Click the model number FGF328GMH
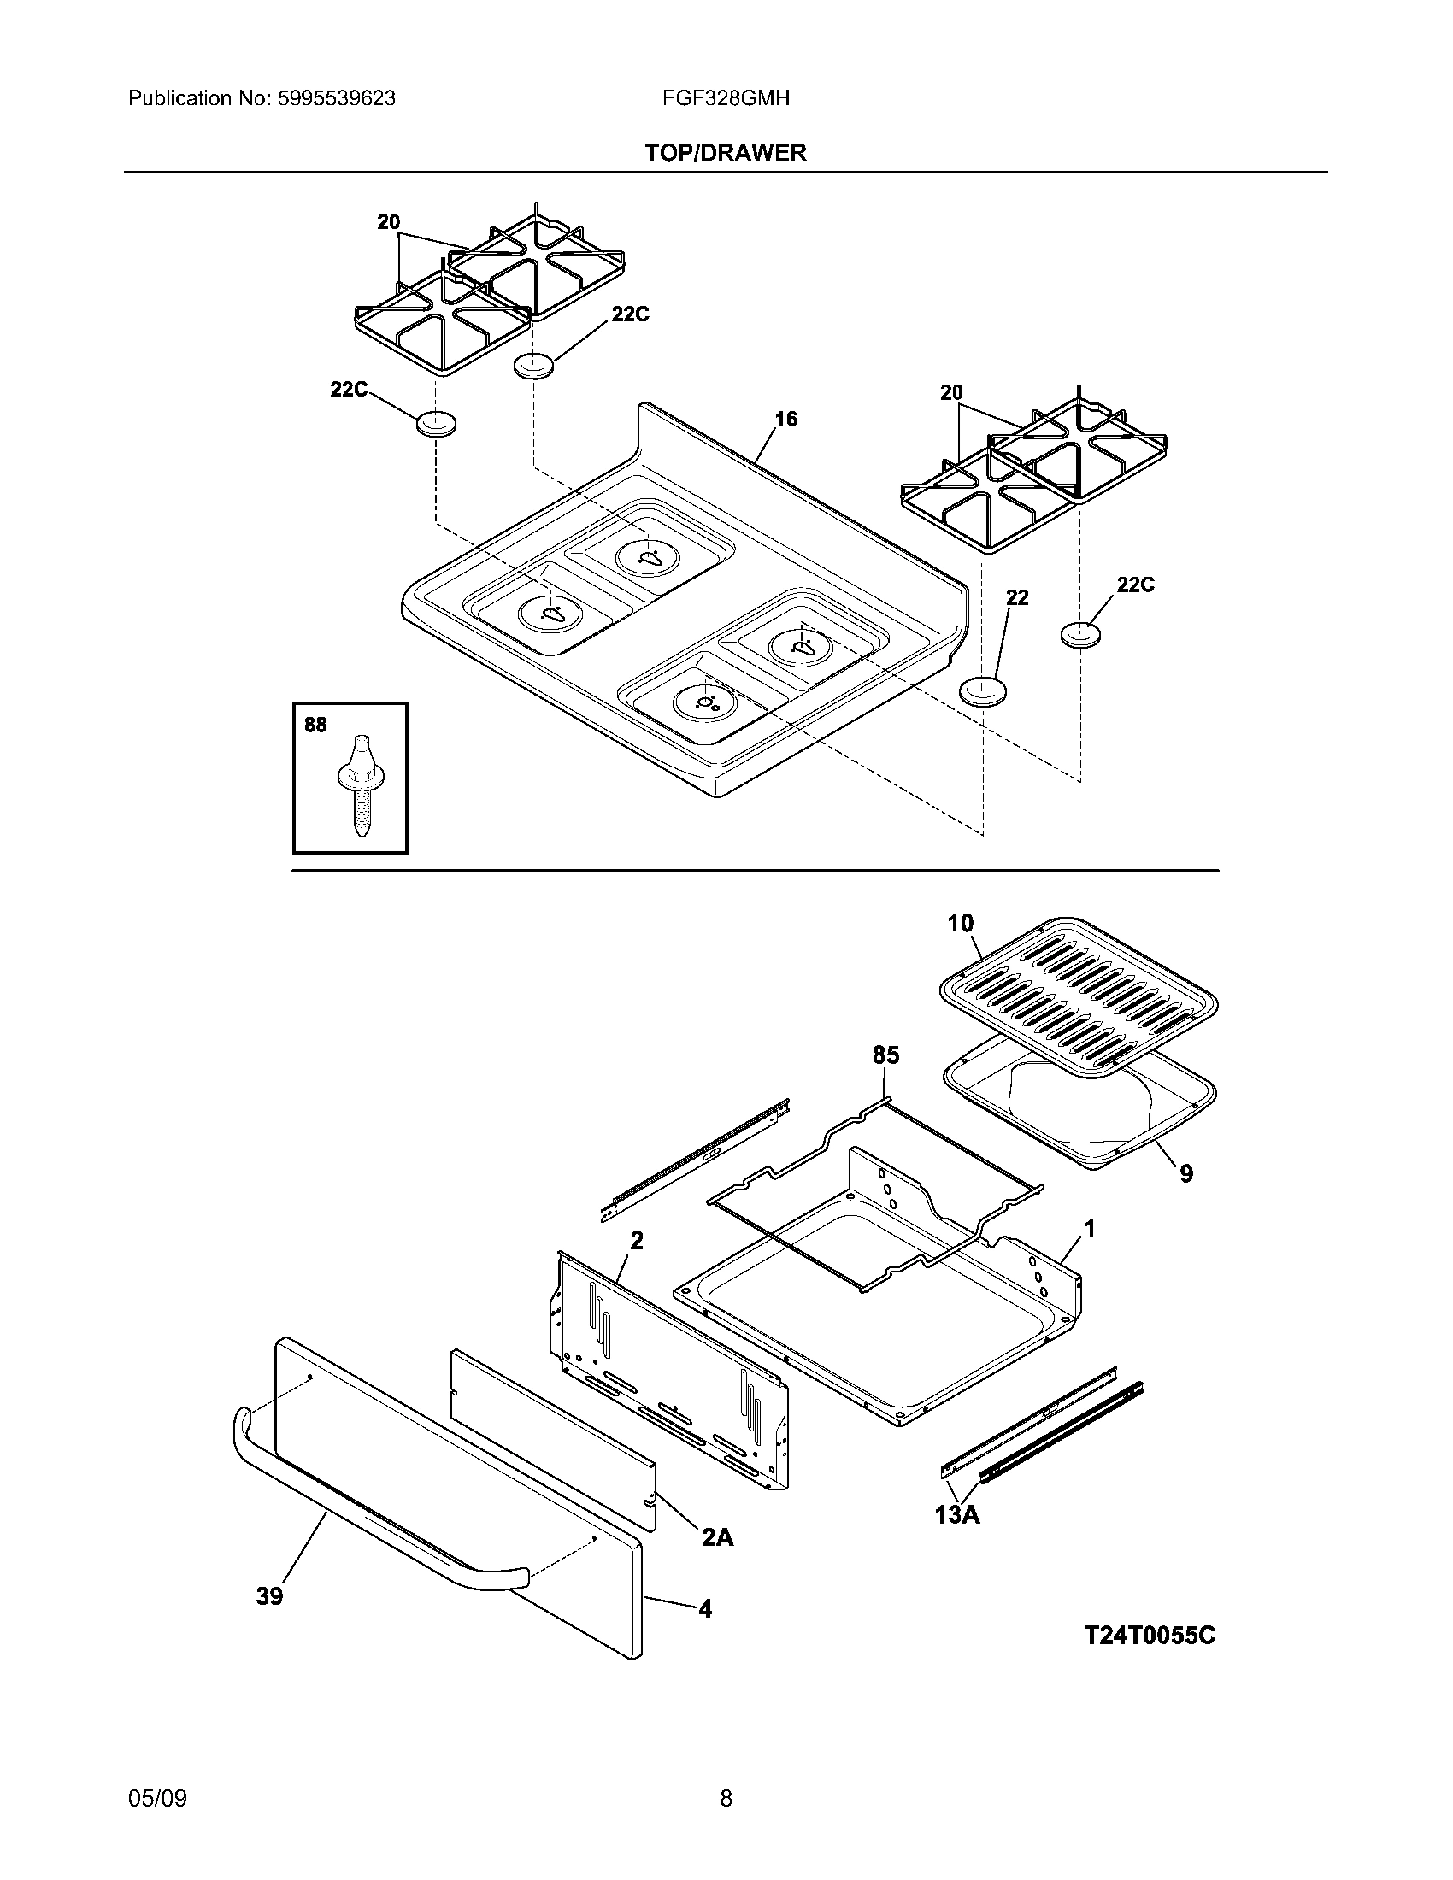click(x=726, y=98)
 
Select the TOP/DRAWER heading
click(x=726, y=152)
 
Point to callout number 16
click(x=785, y=420)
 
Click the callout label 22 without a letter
click(x=1017, y=597)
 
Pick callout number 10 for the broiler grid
click(x=960, y=924)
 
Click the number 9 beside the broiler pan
click(x=1186, y=1173)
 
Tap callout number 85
click(x=885, y=1055)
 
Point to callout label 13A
click(x=957, y=1514)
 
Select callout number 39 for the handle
click(x=269, y=1597)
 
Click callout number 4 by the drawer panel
click(x=705, y=1609)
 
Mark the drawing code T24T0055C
click(x=1149, y=1636)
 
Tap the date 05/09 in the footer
click(x=157, y=1798)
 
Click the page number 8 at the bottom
click(x=726, y=1798)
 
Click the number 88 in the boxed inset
click(x=315, y=726)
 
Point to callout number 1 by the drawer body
click(x=1090, y=1228)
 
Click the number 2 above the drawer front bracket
click(x=636, y=1241)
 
